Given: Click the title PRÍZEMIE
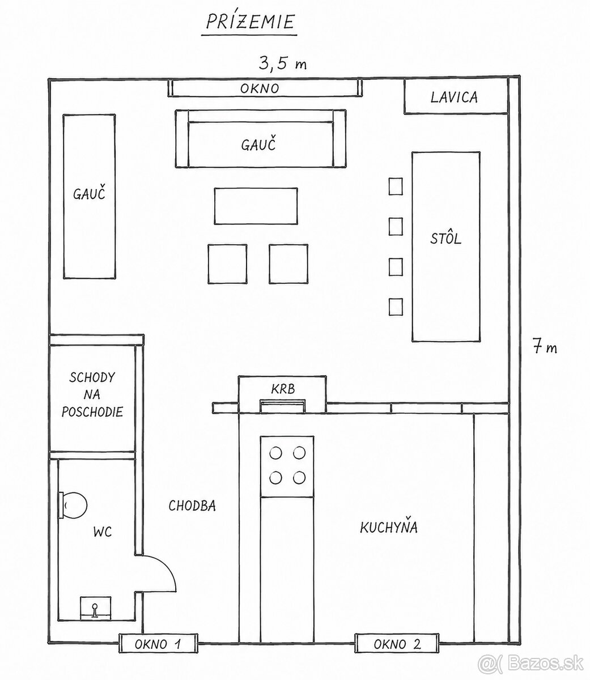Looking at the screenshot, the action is click(250, 22).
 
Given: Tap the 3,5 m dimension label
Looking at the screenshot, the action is click(283, 63).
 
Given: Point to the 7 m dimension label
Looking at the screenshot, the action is click(545, 347).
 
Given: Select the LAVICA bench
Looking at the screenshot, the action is click(456, 97).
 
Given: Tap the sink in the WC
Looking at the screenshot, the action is click(95, 608).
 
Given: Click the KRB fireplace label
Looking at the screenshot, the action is click(283, 389).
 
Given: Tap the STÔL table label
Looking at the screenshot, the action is click(445, 238).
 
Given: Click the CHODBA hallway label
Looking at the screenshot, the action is click(192, 506).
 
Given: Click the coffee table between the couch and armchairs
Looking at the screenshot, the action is click(256, 206).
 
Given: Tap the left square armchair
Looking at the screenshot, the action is click(227, 264).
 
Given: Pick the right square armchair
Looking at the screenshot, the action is click(288, 264).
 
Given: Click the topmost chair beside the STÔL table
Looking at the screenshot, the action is click(396, 186).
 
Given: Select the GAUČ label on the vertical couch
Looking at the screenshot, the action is click(89, 194).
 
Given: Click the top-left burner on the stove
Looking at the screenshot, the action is click(275, 453).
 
